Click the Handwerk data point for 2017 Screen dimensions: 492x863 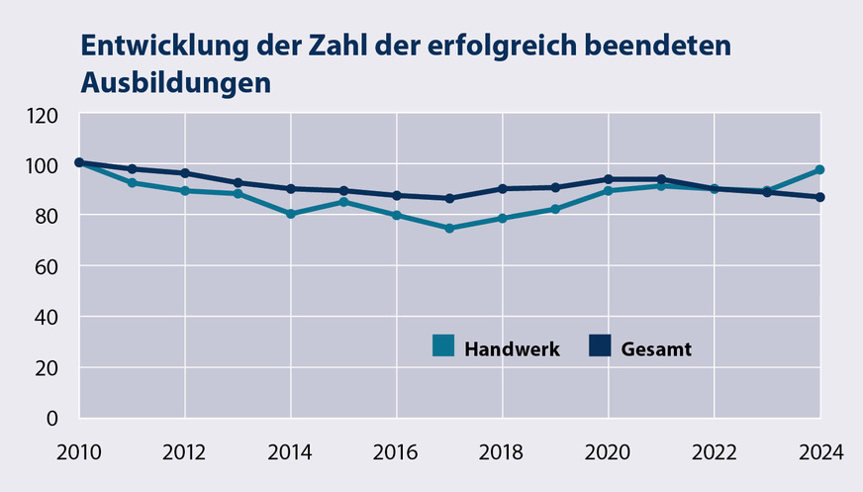[449, 228]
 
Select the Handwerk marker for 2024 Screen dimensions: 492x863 [819, 170]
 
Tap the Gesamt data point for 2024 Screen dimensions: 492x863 [819, 197]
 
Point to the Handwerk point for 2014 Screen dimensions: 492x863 [291, 214]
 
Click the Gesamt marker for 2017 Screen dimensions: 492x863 [449, 198]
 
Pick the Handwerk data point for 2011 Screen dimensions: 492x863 [132, 182]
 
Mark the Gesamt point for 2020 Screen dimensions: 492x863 [608, 179]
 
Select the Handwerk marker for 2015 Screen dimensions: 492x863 [343, 202]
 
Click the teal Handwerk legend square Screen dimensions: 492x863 [444, 346]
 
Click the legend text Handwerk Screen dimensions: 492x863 [512, 348]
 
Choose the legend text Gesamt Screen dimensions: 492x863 [656, 348]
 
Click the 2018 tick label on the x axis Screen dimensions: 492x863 [503, 452]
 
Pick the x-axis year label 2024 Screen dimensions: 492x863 [819, 452]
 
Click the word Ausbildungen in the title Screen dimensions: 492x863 [174, 81]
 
